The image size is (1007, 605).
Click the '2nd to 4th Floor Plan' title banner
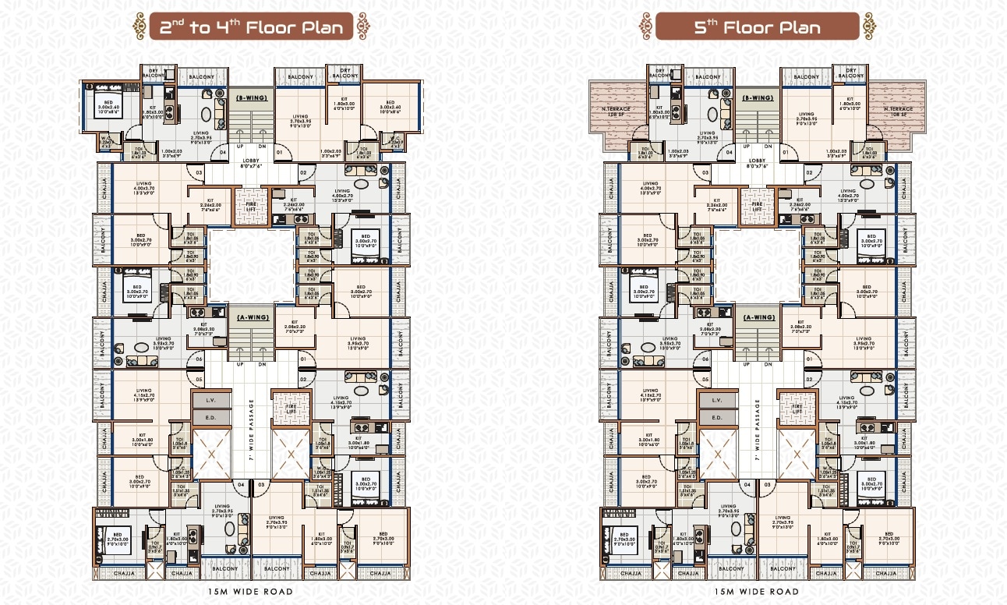tap(251, 27)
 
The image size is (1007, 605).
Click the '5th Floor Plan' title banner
tap(757, 27)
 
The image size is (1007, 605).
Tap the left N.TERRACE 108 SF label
tap(617, 112)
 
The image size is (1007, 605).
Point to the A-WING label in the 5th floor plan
tap(757, 317)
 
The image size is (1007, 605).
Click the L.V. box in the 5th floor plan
tap(717, 400)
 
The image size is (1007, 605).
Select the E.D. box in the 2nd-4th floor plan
tap(211, 418)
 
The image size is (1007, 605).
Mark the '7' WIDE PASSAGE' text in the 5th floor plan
tap(757, 433)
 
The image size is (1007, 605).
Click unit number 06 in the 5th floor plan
tap(705, 359)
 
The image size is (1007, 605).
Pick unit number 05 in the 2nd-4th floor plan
tap(200, 380)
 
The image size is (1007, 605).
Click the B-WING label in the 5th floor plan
tap(757, 99)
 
